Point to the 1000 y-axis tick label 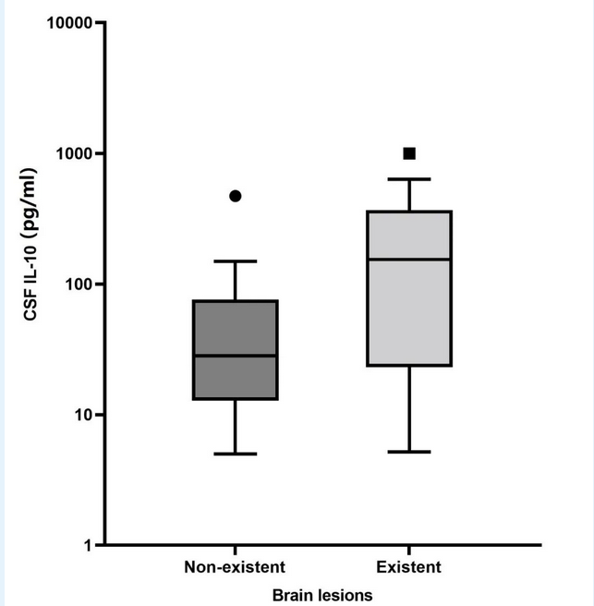76,153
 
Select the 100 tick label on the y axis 79,284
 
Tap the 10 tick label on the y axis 83,415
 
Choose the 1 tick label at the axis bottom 88,545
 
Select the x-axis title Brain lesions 322,596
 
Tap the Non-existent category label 235,566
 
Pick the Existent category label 409,566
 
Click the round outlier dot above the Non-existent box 236,196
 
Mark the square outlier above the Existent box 409,153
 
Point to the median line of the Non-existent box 236,356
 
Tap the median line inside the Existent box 409,260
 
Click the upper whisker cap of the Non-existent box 236,261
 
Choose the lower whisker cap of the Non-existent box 236,454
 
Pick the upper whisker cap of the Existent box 409,179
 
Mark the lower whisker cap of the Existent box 409,452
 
